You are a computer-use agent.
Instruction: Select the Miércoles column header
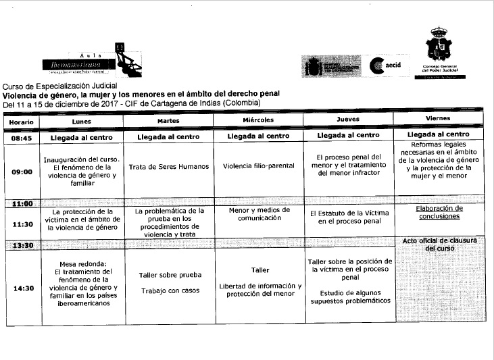tap(258, 120)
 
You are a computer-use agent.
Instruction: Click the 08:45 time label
tap(22, 136)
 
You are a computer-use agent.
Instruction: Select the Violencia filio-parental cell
tap(258, 167)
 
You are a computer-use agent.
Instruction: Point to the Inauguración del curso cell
tap(81, 172)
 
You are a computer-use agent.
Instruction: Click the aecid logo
tap(387, 65)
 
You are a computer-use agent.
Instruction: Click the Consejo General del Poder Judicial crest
tap(439, 47)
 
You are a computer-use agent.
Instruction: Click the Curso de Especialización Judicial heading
tap(60, 86)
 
